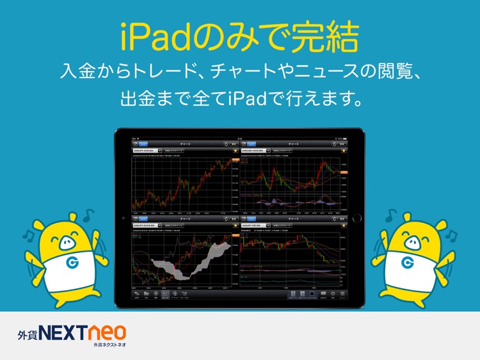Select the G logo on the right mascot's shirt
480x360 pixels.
tap(407, 263)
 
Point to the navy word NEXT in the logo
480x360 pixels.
tap(65, 333)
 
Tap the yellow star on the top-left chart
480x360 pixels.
tap(235, 152)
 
